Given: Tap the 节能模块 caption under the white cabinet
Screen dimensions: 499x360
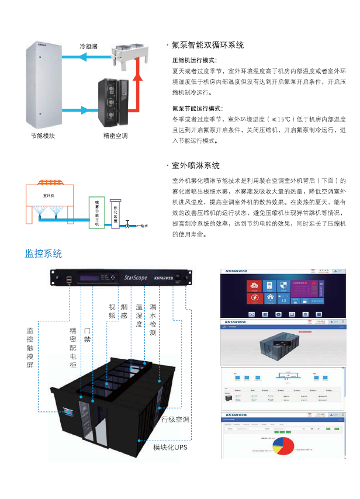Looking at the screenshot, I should coord(43,136).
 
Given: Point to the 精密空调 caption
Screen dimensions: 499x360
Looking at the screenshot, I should coord(115,136).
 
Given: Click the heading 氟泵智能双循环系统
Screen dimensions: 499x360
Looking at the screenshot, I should coord(207,45).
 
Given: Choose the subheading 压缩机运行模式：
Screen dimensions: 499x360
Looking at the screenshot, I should coord(194,60).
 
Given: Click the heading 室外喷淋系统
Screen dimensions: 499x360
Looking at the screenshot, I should coord(200,165).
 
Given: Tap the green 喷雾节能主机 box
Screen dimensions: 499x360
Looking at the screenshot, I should coord(97,212).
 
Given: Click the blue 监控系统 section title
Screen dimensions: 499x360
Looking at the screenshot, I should coord(43,254).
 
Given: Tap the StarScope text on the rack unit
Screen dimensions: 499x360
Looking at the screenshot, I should coord(136,278).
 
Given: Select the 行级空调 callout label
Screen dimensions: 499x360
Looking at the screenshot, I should coord(176,420).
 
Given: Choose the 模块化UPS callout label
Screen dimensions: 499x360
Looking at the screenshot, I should coord(171,448).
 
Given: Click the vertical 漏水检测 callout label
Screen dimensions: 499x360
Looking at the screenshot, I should coord(153,320).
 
